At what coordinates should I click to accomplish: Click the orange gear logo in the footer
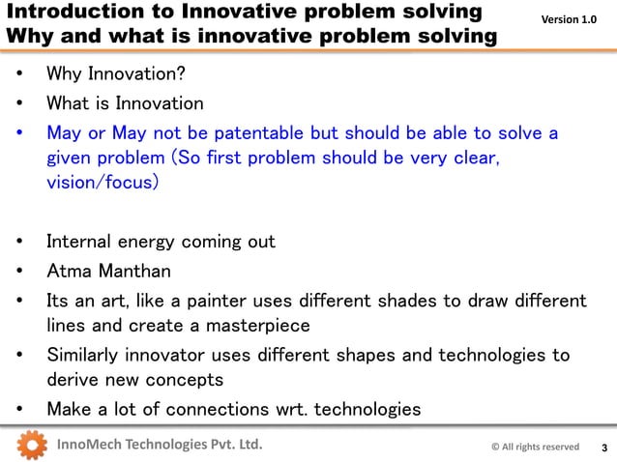tap(32, 446)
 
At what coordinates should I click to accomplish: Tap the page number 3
tap(604, 448)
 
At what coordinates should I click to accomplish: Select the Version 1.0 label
tap(568, 19)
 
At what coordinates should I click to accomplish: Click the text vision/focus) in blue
tap(102, 183)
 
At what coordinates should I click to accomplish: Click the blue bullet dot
tap(20, 132)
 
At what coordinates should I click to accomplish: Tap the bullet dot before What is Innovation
tap(20, 103)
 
